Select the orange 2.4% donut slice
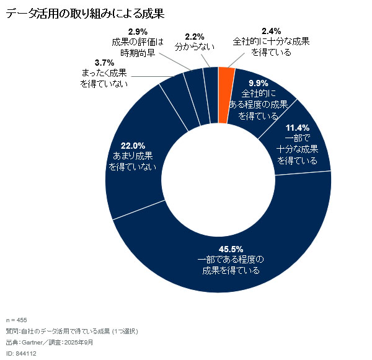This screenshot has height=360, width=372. click(x=226, y=77)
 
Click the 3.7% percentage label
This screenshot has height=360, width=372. click(x=104, y=63)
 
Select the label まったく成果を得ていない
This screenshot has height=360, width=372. click(x=104, y=77)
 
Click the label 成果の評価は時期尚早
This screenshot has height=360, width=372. click(x=137, y=47)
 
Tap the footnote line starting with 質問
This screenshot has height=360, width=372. click(x=71, y=331)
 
